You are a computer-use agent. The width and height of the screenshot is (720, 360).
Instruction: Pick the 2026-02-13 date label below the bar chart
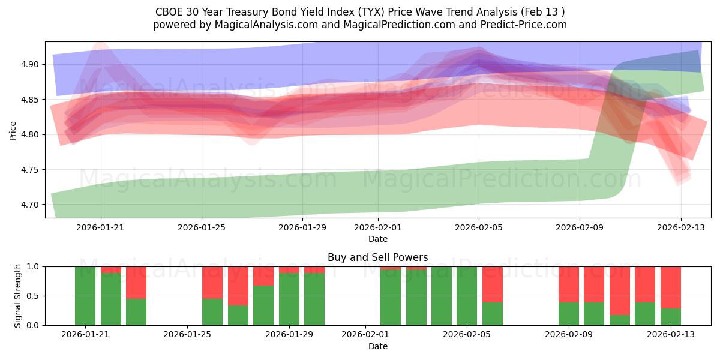coord(670,335)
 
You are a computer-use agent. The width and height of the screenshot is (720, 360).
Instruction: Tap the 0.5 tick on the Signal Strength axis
coord(34,296)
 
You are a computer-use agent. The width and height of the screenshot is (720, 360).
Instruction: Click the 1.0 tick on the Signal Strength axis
coord(34,266)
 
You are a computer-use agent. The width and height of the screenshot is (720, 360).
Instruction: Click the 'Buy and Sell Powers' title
coord(377,257)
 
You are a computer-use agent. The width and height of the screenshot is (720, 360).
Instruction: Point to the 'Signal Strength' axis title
coord(18,296)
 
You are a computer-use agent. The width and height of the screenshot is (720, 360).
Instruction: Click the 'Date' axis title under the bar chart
coord(377,346)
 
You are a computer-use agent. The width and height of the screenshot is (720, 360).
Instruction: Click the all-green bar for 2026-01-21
coord(85,296)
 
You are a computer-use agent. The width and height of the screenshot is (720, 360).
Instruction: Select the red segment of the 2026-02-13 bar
coord(671,287)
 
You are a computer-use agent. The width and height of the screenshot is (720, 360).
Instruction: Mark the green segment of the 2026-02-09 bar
coord(568,314)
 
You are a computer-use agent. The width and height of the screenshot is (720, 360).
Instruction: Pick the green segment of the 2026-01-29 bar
coord(289,300)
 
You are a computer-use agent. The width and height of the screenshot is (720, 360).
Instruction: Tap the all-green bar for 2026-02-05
coord(467,296)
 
